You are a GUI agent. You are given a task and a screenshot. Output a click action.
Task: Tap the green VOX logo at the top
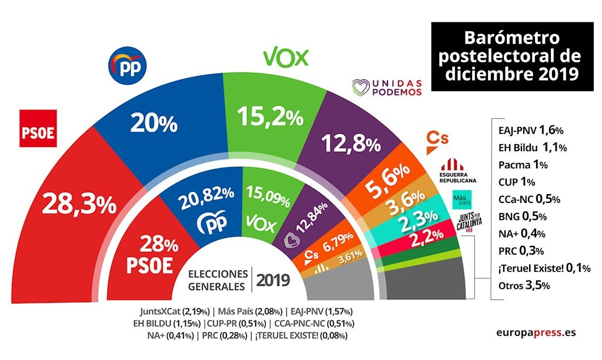[x=285, y=58]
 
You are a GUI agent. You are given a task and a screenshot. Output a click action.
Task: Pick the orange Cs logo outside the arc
[x=437, y=138]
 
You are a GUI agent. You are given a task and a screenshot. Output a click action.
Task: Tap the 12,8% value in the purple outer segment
[x=342, y=142]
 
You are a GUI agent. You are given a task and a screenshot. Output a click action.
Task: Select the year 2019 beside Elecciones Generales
[x=273, y=280]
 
